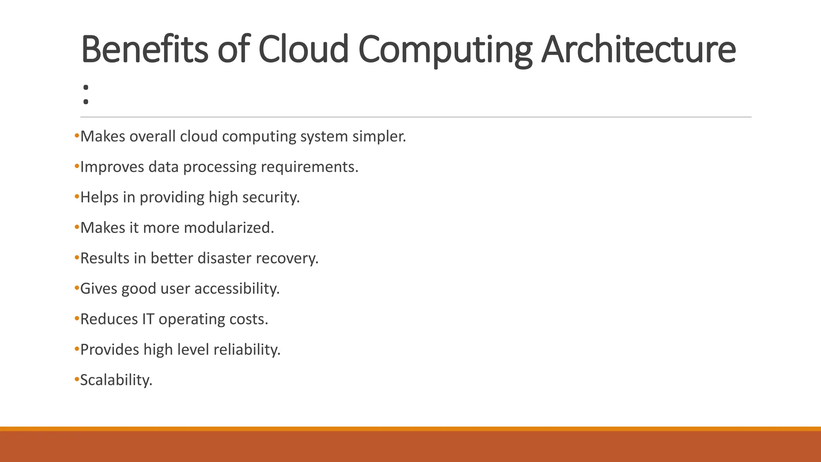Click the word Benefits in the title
pyautogui.click(x=144, y=50)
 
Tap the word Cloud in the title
pyautogui.click(x=303, y=50)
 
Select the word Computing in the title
pyautogui.click(x=445, y=51)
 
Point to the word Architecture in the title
pyautogui.click(x=638, y=50)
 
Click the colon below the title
pyautogui.click(x=85, y=94)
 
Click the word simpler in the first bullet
pyautogui.click(x=379, y=137)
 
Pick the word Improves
pyautogui.click(x=112, y=167)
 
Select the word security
pyautogui.click(x=271, y=198)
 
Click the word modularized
pyautogui.click(x=229, y=228)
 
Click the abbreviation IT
pyautogui.click(x=148, y=319)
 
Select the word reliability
pyautogui.click(x=247, y=350)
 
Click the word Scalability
pyautogui.click(x=116, y=380)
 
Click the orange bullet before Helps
pyautogui.click(x=77, y=197)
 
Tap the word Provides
pyautogui.click(x=109, y=350)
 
